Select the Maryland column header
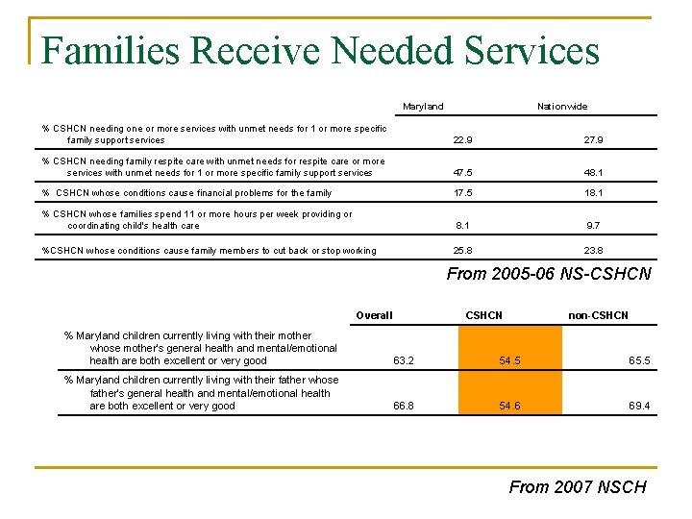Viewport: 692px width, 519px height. click(423, 107)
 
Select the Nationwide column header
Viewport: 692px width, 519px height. click(562, 107)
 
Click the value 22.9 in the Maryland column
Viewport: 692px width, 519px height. click(462, 140)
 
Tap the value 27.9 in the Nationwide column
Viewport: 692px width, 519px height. click(594, 140)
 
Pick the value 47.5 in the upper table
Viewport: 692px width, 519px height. click(462, 174)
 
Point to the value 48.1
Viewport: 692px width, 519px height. click(594, 174)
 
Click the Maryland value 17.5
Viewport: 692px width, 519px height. click(462, 193)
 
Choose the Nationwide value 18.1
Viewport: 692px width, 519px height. click(594, 193)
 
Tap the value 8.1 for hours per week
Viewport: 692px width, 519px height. click(462, 226)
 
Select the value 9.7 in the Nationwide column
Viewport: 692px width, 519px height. click(594, 226)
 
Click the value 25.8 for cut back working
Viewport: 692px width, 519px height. click(462, 251)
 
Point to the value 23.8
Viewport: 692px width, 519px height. click(594, 251)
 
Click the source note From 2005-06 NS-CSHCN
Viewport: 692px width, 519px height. click(549, 275)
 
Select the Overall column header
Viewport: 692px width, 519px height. click(374, 315)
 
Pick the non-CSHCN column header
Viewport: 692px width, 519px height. click(598, 315)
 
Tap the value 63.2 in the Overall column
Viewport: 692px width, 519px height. click(404, 361)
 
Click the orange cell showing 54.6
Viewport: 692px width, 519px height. click(510, 407)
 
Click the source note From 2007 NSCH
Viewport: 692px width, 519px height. click(578, 487)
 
